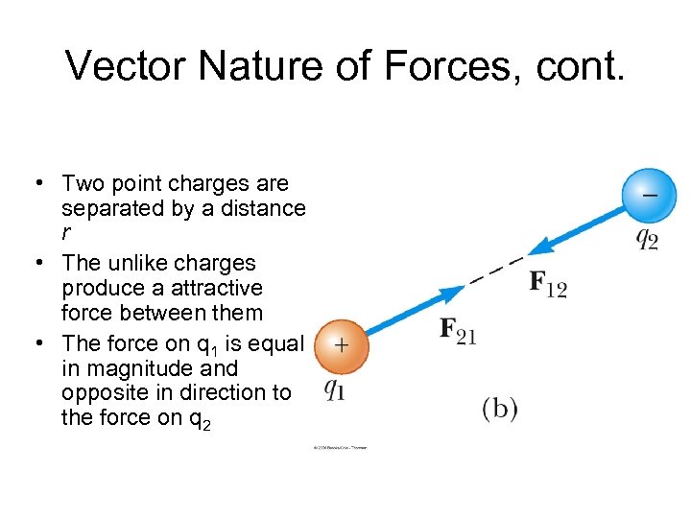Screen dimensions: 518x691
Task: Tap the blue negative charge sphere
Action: [x=649, y=196]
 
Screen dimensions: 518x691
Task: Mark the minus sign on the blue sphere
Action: [x=650, y=193]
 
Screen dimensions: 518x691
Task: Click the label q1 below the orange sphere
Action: [x=335, y=388]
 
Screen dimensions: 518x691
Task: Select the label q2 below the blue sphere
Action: [x=648, y=238]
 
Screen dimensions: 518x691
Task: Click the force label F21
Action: [x=458, y=331]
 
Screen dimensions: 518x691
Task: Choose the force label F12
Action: [x=548, y=284]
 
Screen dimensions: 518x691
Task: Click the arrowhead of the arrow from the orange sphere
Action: [x=451, y=293]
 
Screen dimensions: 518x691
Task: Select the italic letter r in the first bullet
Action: [x=66, y=232]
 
